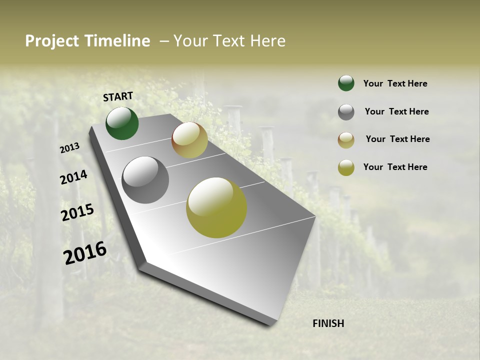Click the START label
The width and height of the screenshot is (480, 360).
118,96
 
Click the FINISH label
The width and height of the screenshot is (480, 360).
328,323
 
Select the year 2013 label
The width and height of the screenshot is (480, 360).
69,148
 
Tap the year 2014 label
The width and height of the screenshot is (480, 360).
73,177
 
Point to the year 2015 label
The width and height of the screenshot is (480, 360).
77,212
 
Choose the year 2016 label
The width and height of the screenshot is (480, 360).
85,252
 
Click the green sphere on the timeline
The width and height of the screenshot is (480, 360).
122,123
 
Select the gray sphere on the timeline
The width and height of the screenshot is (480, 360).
145,180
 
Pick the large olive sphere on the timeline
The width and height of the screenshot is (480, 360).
216,207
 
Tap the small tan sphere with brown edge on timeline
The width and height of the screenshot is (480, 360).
189,140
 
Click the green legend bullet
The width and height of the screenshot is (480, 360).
346,83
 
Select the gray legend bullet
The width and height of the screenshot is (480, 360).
346,112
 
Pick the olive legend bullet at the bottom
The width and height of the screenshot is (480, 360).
346,167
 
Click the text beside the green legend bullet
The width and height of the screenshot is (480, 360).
395,84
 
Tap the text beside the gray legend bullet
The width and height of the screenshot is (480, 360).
396,111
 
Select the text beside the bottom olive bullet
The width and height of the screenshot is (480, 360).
395,167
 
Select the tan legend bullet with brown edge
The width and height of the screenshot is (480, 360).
346,140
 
